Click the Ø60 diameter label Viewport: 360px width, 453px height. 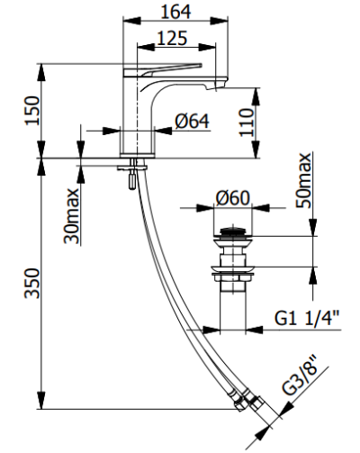[233, 199]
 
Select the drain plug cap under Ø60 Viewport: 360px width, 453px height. [233, 237]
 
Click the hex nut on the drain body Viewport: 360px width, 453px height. [233, 269]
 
